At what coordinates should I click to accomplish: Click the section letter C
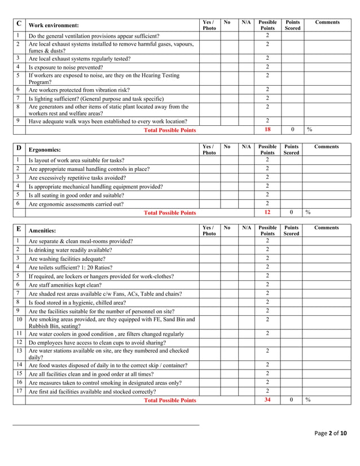point(19,24)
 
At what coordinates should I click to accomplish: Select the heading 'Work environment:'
point(54,25)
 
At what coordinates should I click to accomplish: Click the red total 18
point(267,130)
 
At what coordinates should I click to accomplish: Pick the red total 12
point(267,213)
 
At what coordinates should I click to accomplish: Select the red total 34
point(267,400)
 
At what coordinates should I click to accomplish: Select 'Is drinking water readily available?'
point(70,250)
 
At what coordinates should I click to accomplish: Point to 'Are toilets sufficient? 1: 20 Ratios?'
point(71,267)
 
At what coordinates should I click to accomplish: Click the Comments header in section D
point(327,147)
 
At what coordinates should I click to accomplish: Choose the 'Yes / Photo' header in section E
point(209,231)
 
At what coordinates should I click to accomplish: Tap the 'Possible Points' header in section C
point(267,25)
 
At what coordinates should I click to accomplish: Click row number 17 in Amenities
point(19,391)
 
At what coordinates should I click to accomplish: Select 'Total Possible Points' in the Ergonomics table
point(170,213)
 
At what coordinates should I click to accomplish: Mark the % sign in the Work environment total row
point(309,130)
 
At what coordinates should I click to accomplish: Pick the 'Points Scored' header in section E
point(292,231)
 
